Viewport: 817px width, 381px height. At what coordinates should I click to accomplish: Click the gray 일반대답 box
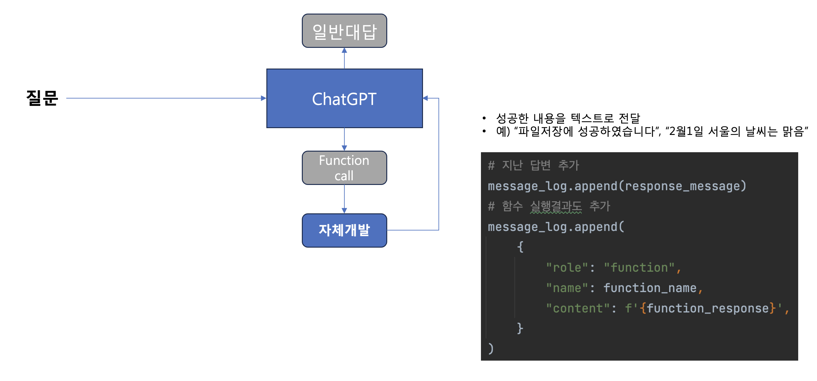[344, 31]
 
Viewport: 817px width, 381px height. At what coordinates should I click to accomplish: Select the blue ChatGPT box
[344, 98]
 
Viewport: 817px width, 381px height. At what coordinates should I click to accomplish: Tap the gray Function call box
[344, 168]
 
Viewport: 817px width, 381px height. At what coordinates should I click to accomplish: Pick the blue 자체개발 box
[344, 230]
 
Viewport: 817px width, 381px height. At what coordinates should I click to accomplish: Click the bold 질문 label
[42, 98]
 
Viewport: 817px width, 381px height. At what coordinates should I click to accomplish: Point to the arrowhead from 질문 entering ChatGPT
[264, 98]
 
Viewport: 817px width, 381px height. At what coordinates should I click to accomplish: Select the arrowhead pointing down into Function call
[344, 148]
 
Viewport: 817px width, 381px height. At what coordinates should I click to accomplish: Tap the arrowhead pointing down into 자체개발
[344, 211]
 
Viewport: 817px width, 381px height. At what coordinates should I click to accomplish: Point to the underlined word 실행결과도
[556, 206]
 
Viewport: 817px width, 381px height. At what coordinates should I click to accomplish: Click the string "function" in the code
[639, 268]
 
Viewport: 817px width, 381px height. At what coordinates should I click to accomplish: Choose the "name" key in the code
[567, 288]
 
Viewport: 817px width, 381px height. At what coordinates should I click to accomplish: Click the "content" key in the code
[577, 308]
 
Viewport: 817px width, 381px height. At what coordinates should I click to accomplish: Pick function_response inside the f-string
[707, 308]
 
